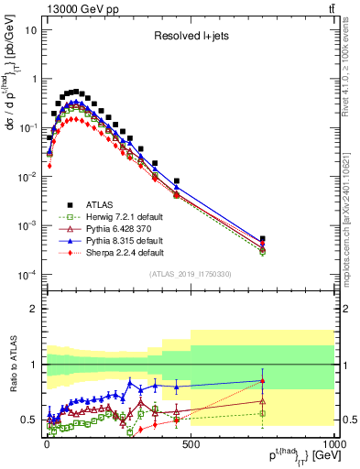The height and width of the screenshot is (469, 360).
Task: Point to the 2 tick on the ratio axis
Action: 32,309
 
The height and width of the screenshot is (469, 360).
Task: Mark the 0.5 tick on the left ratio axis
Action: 27,420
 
